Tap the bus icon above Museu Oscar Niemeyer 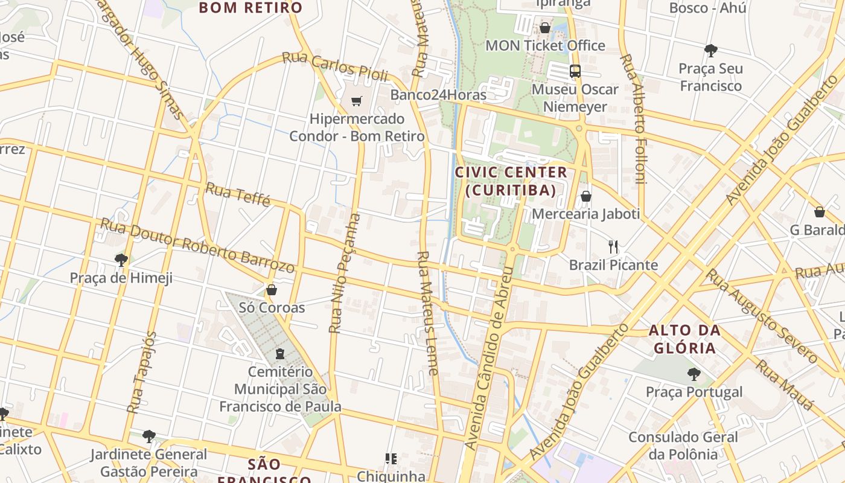click(575, 71)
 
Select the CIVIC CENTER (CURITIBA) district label click(511, 181)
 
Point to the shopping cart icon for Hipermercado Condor click(357, 101)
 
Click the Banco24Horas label click(438, 95)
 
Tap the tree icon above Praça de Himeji click(121, 260)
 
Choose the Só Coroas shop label click(272, 307)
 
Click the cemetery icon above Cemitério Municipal click(280, 353)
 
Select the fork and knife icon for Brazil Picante click(613, 246)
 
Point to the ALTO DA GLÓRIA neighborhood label click(684, 339)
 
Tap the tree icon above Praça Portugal click(694, 374)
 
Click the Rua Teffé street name click(238, 194)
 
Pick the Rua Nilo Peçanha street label click(345, 273)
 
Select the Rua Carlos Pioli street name click(335, 66)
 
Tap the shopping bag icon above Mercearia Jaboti click(585, 196)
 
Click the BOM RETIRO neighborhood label click(250, 8)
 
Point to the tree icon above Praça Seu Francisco click(710, 50)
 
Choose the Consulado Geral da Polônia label click(683, 446)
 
